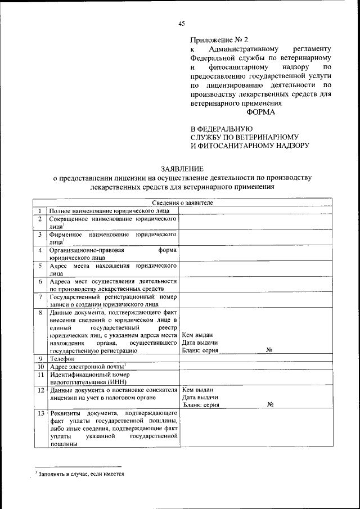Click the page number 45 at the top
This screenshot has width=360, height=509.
pos(181,23)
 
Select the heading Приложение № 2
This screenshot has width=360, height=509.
pos(219,40)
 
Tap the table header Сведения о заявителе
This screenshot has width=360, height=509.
pos(181,202)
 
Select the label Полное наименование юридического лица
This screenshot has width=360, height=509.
pos(105,210)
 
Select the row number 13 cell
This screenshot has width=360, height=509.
pos(40,429)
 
